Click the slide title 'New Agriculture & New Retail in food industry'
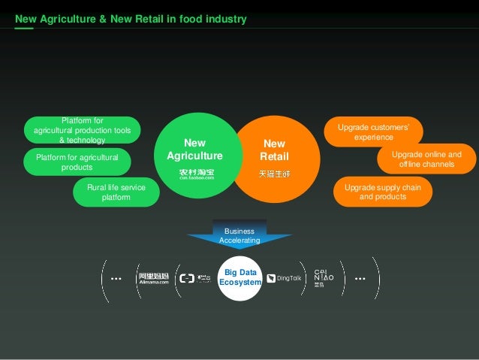click(131, 18)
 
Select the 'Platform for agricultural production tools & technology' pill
click(83, 130)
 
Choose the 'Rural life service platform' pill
click(116, 192)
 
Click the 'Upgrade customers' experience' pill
click(373, 132)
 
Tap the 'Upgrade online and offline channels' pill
click(426, 159)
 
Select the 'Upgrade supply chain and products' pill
click(382, 192)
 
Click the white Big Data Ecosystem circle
click(239, 277)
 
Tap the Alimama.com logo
click(153, 278)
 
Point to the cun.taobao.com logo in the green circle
click(196, 174)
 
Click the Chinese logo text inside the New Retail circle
click(274, 174)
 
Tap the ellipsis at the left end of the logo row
click(116, 279)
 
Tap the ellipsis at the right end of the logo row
click(360, 279)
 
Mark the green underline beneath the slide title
click(24, 28)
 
